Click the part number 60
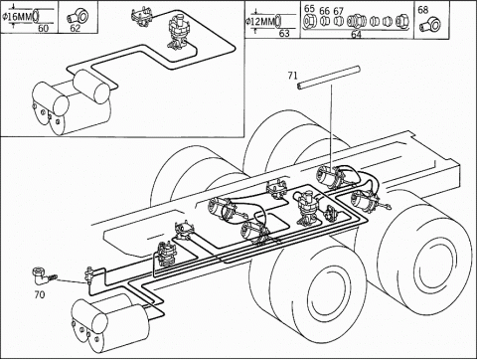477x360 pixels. (x=43, y=29)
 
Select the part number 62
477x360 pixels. (x=76, y=29)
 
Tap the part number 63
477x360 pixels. (x=284, y=33)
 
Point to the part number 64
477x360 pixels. (x=356, y=35)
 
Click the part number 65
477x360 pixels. (x=310, y=9)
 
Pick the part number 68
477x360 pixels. (x=423, y=10)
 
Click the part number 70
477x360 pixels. (x=40, y=294)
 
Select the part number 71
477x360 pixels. (x=292, y=76)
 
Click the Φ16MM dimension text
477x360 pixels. (x=17, y=17)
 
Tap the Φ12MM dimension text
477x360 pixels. (x=260, y=22)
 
